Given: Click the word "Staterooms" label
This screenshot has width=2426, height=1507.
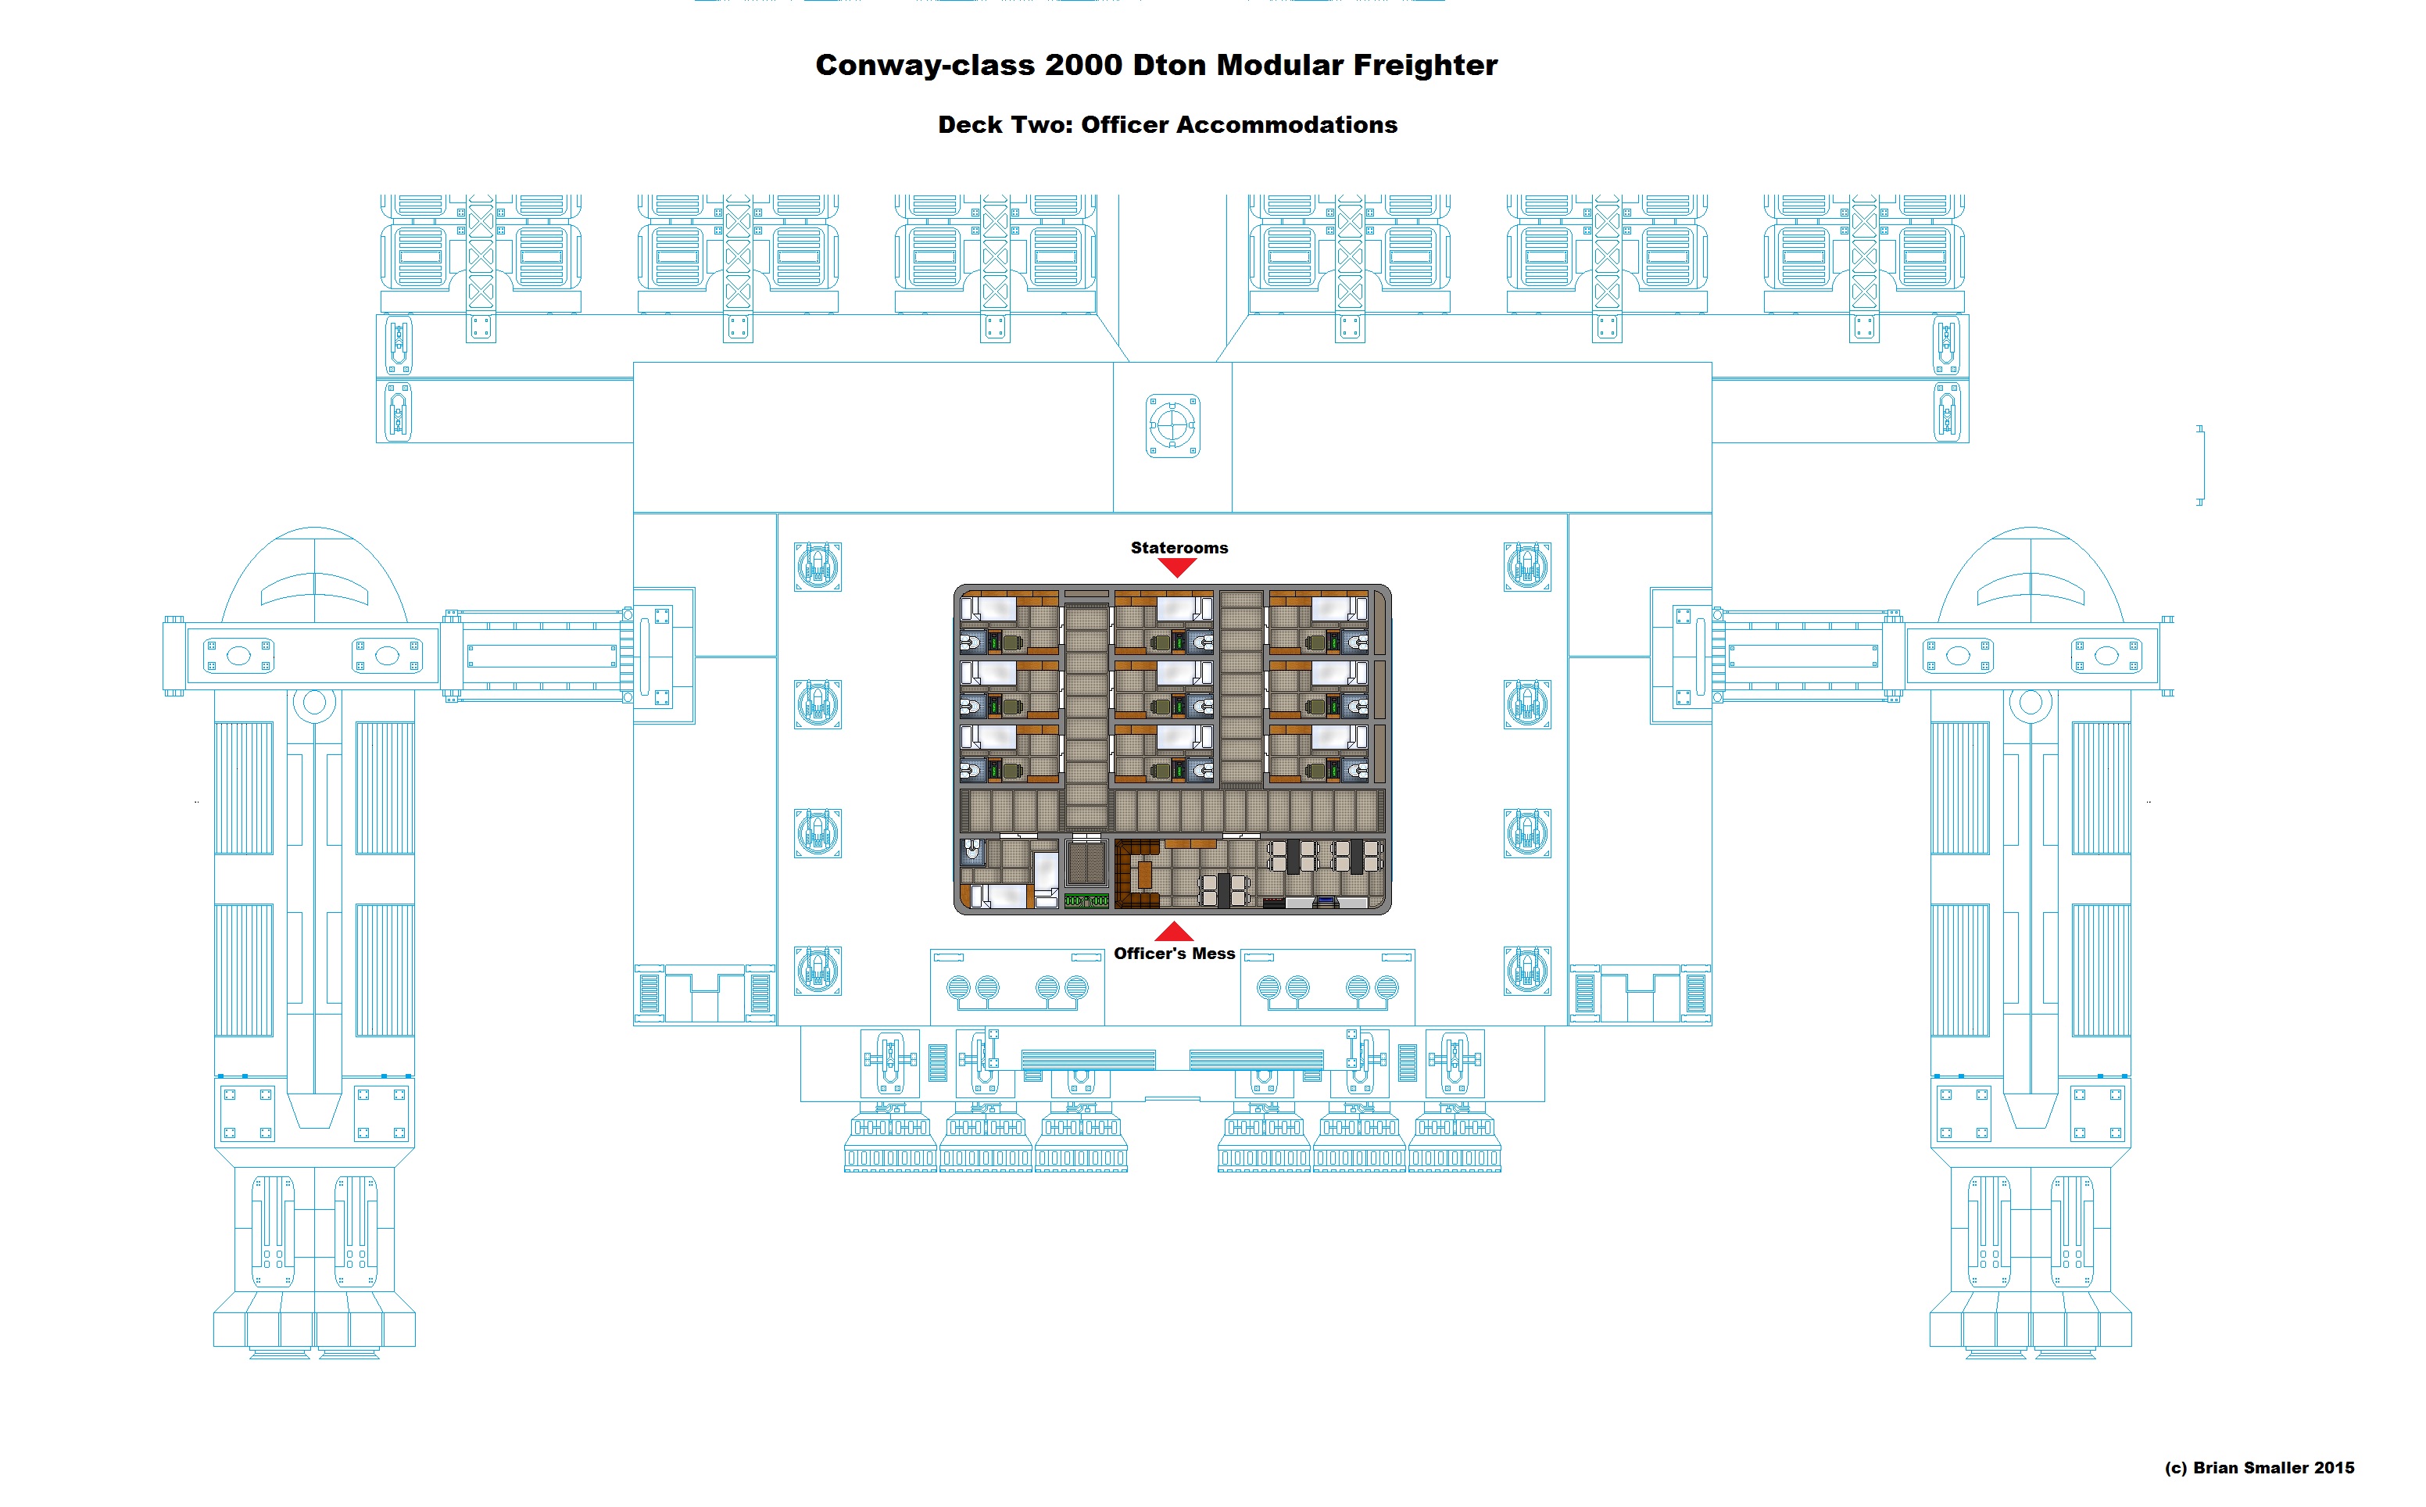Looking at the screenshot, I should pyautogui.click(x=1179, y=547).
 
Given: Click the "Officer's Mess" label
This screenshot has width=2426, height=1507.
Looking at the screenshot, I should pyautogui.click(x=1174, y=954).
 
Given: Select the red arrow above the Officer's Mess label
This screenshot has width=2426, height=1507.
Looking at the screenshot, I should pyautogui.click(x=1174, y=932).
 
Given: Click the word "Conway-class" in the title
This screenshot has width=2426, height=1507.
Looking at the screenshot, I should pyautogui.click(x=925, y=66).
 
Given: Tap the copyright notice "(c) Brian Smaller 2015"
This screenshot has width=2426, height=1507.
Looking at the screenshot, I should pyautogui.click(x=2259, y=1467).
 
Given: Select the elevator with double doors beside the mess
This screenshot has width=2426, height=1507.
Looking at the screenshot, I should pyautogui.click(x=1086, y=863).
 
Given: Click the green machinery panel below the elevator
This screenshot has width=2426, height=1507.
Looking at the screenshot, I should pyautogui.click(x=1086, y=901).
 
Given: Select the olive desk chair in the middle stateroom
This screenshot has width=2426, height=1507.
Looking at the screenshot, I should pyautogui.click(x=1161, y=707).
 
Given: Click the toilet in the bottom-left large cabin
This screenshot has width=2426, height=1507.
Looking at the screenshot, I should pyautogui.click(x=972, y=851).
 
